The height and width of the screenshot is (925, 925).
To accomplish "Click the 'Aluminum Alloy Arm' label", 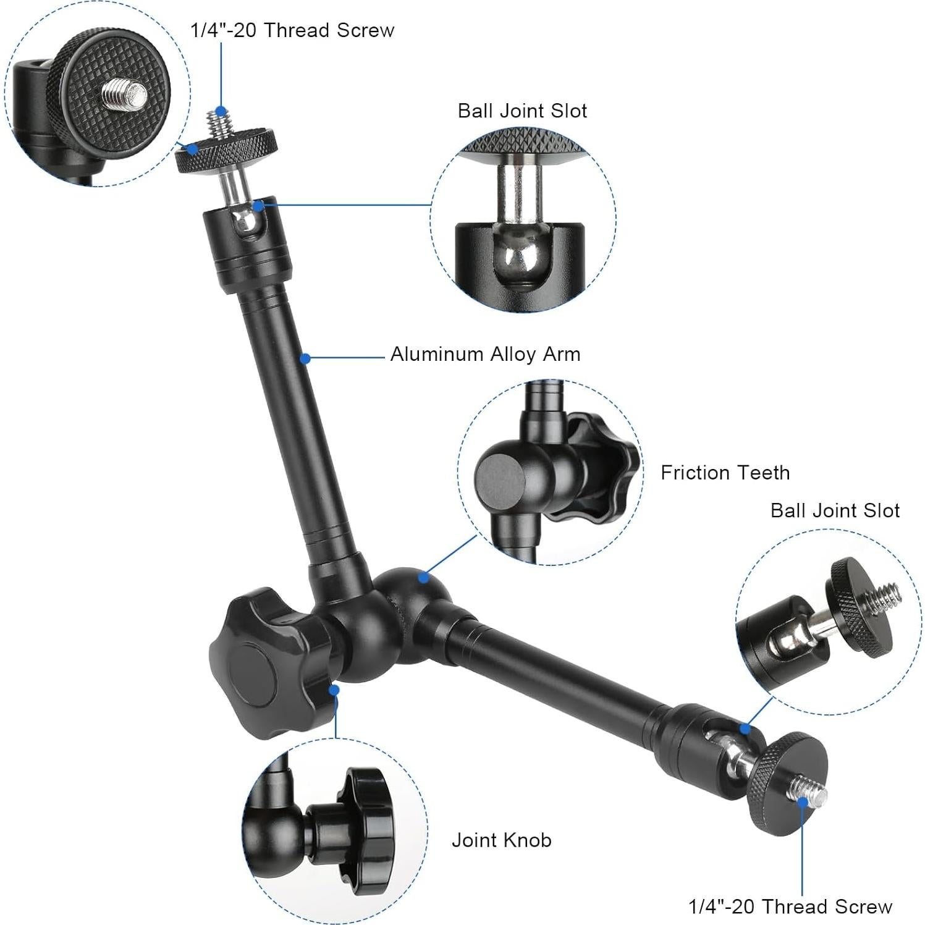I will (485, 354).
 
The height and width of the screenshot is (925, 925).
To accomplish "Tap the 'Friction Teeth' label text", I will (725, 473).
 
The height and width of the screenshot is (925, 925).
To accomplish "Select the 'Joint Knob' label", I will (501, 840).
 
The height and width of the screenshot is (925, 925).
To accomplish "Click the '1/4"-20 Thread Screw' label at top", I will (292, 30).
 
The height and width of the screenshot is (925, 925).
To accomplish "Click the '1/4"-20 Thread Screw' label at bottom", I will (790, 906).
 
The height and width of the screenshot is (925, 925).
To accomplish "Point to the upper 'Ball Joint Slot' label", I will (522, 111).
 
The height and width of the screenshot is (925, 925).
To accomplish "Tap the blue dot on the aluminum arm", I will (305, 358).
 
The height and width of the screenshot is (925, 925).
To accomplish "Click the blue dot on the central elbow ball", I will (423, 578).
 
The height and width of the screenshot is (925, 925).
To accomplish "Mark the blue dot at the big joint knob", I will (334, 690).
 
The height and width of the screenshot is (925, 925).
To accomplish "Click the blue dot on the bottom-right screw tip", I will (803, 801).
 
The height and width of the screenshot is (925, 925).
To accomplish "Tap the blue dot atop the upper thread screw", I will (221, 110).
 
